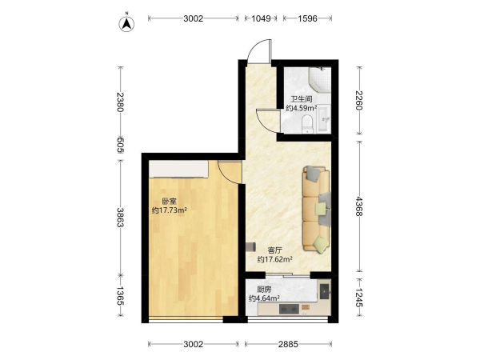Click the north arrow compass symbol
[126, 23]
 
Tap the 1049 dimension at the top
[261, 18]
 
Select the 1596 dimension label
[307, 18]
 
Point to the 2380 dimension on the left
[120, 102]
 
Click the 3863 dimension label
[120, 218]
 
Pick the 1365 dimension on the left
[120, 296]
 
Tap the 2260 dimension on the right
[359, 100]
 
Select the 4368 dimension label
[359, 206]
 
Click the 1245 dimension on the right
[359, 298]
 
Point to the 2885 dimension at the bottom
[288, 344]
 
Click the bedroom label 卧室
[170, 202]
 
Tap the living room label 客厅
[274, 250]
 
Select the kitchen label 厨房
[264, 290]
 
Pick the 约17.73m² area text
[170, 210]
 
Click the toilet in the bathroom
[307, 124]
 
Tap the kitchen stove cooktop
[289, 309]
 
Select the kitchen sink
[325, 291]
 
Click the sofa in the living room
[317, 210]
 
